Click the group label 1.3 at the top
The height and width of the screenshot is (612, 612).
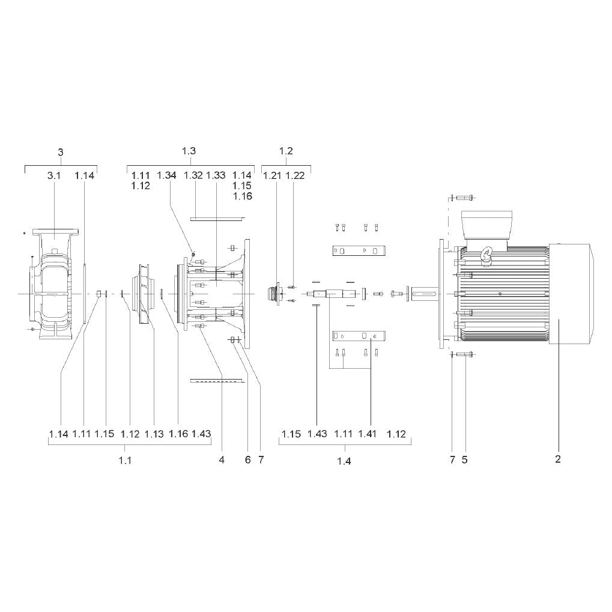[x=189, y=151]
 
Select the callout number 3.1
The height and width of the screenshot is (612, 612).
[x=54, y=175]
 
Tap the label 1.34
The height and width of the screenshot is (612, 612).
[x=166, y=175]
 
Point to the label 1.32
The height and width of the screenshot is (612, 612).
[x=193, y=175]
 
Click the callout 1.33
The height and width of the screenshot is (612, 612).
[x=216, y=175]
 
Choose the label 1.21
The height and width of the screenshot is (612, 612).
[x=273, y=175]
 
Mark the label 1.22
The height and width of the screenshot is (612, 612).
[x=295, y=175]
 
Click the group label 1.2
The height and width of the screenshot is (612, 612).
[x=286, y=151]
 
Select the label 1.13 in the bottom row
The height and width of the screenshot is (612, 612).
[x=154, y=434]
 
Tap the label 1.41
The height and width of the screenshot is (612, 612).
[x=368, y=434]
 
